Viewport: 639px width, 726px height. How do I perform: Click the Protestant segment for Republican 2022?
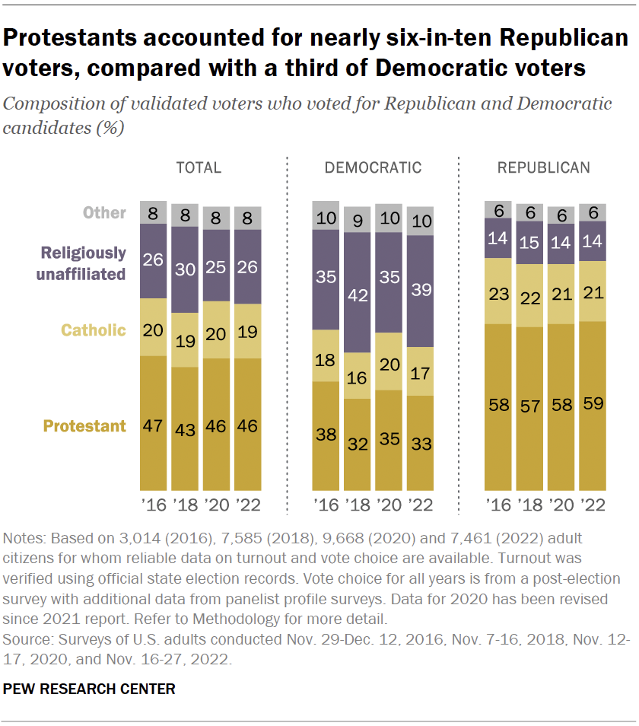[x=593, y=406]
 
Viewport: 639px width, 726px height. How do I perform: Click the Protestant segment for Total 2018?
[x=184, y=428]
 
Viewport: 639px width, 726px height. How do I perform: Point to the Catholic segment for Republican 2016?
[x=498, y=291]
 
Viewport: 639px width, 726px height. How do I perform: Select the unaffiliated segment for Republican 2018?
[x=529, y=243]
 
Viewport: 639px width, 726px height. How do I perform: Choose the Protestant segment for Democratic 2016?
[x=326, y=435]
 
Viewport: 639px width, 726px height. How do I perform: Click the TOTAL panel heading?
[x=199, y=168]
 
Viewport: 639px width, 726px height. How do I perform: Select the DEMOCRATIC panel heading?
[x=373, y=168]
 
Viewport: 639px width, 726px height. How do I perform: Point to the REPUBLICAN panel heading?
[x=543, y=168]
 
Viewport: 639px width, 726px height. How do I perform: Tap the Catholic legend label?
[x=93, y=330]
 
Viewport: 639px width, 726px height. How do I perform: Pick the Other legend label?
[x=104, y=212]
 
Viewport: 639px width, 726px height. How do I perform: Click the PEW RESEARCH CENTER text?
[x=89, y=689]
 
